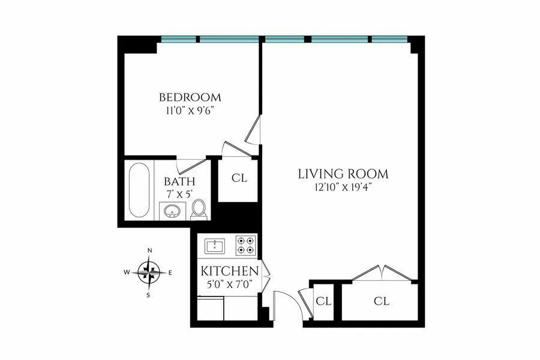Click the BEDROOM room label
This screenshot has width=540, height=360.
190,97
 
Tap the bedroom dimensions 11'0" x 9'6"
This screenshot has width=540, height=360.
190,111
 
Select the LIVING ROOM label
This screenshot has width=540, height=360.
344,174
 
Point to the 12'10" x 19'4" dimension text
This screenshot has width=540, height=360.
344,187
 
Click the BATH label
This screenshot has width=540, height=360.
179,182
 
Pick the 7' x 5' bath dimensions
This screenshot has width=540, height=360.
179,195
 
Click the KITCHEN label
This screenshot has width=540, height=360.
230,271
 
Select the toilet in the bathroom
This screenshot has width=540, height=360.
199,209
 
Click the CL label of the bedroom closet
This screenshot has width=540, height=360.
239,178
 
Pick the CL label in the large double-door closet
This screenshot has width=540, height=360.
381,301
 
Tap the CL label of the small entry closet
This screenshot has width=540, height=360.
324,301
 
